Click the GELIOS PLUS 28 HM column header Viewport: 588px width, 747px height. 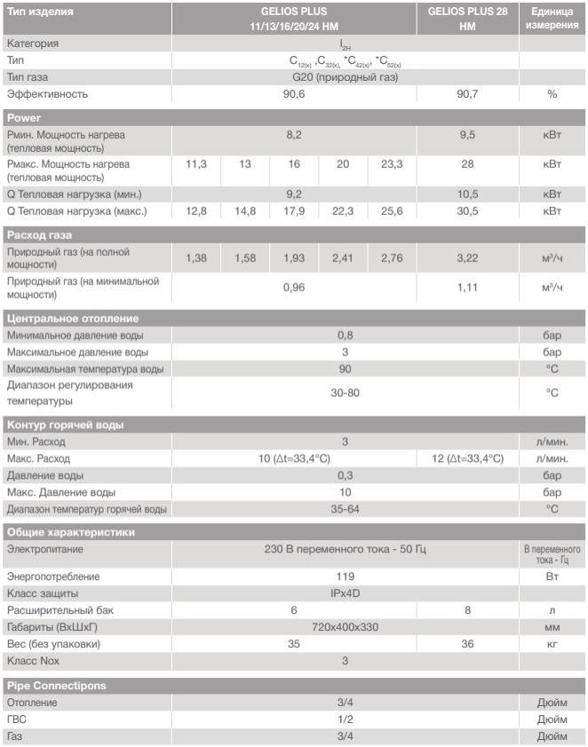click(467, 19)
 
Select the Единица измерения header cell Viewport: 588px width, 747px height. click(552, 19)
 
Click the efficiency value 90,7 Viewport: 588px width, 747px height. click(467, 94)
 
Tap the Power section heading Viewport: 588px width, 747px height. click(24, 118)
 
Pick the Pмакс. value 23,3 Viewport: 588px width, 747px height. click(392, 165)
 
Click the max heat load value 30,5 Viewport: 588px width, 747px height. click(467, 211)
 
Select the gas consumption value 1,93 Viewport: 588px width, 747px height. click(294, 258)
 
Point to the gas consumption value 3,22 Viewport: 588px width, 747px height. click(467, 258)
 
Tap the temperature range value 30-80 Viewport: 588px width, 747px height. click(345, 393)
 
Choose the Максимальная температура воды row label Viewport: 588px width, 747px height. click(85, 369)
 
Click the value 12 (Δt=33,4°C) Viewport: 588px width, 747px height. click(467, 458)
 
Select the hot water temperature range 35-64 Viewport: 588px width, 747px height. click(345, 509)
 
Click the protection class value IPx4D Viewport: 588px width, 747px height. click(345, 592)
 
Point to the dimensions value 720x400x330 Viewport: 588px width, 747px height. click(345, 627)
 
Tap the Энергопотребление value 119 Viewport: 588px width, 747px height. click(345, 576)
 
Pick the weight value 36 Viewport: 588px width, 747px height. click(467, 644)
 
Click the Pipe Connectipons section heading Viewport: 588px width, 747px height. click(57, 686)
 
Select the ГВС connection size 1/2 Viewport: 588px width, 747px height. click(345, 719)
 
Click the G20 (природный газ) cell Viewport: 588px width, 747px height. click(345, 77)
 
